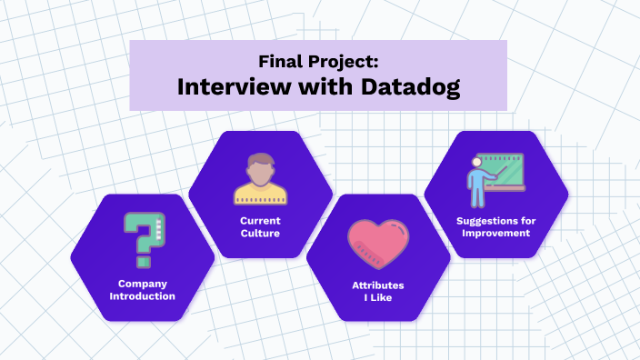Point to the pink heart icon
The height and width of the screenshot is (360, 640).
coord(378,245)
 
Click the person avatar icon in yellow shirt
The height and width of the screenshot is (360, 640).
coord(261,179)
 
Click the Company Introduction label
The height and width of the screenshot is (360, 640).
coord(143,289)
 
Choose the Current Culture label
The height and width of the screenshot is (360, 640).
coord(260,227)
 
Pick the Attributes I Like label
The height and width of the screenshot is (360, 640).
coord(378,291)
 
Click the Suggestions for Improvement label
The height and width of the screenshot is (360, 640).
coord(494,226)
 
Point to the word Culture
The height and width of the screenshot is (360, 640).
coord(260,234)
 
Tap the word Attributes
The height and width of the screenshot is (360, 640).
coord(378,285)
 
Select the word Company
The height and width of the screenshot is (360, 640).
coord(143,283)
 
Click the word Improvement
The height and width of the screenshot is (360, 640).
coord(494,233)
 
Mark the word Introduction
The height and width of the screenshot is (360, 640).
coord(143,295)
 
